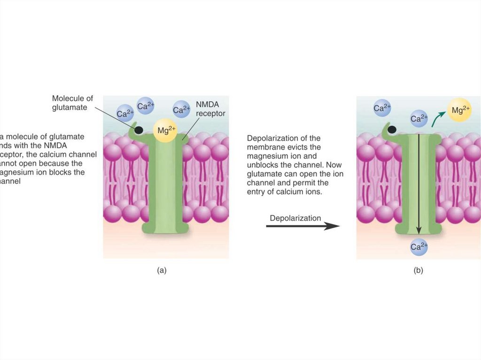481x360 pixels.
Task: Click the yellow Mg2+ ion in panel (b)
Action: (x=460, y=110)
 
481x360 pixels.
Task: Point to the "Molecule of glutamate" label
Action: (x=72, y=103)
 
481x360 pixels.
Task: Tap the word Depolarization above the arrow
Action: (x=295, y=218)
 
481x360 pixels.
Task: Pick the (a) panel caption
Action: (x=161, y=270)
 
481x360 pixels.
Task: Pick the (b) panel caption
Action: (x=418, y=270)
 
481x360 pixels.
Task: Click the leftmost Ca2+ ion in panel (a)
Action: (x=125, y=113)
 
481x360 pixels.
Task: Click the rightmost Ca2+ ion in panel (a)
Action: (x=181, y=110)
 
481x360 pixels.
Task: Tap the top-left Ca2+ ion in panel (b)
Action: (x=382, y=108)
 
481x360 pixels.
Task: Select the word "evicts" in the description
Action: (x=289, y=147)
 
